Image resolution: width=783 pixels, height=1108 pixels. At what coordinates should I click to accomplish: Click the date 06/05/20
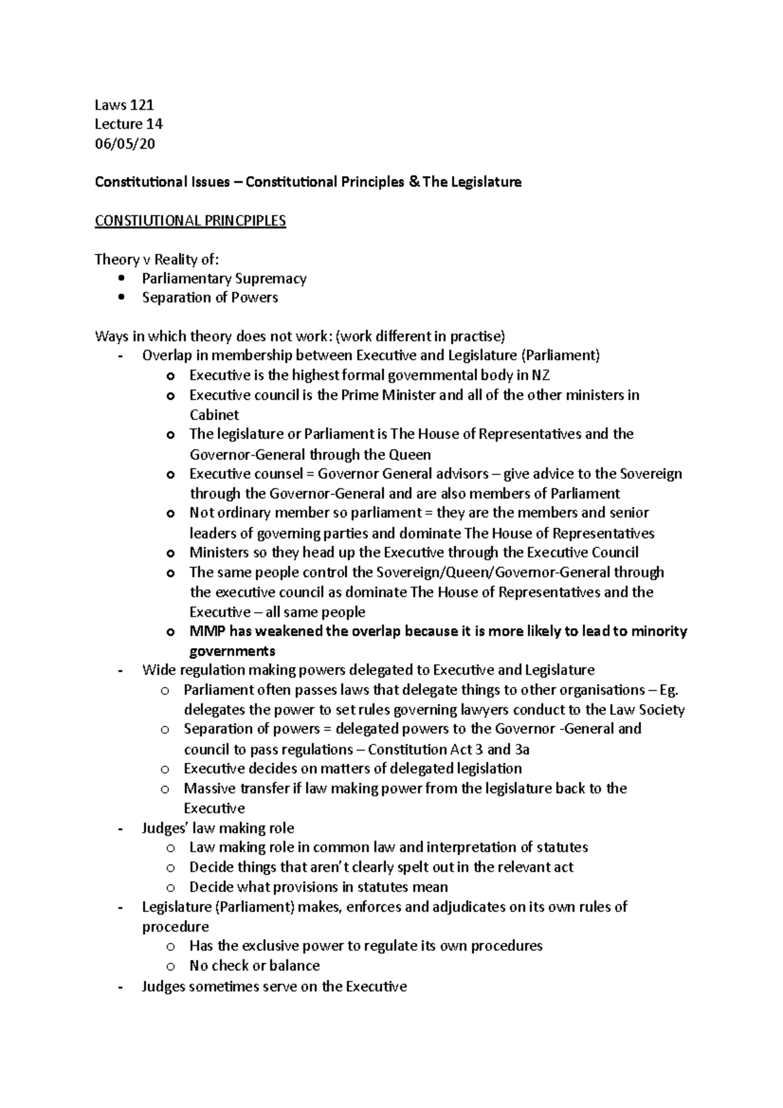pyautogui.click(x=125, y=144)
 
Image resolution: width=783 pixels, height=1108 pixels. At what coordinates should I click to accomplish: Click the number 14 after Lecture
pyautogui.click(x=155, y=124)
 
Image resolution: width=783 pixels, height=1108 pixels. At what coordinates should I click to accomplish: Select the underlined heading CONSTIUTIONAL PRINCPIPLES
pyautogui.click(x=190, y=221)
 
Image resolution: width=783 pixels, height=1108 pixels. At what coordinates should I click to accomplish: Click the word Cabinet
pyautogui.click(x=214, y=415)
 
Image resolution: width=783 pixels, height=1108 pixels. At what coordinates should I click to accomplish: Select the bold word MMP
pyautogui.click(x=206, y=632)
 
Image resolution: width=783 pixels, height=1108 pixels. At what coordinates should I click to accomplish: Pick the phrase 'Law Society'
pyautogui.click(x=647, y=710)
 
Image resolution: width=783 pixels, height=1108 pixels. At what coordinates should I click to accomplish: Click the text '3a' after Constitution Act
pyautogui.click(x=521, y=749)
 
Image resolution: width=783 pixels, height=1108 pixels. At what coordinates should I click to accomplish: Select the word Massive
pyautogui.click(x=209, y=788)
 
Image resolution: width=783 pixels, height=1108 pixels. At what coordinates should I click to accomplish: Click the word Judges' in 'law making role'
pyautogui.click(x=164, y=828)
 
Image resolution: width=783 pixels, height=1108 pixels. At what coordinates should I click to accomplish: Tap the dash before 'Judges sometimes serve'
pyautogui.click(x=119, y=987)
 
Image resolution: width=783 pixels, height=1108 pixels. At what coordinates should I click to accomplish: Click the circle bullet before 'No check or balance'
pyautogui.click(x=170, y=966)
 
